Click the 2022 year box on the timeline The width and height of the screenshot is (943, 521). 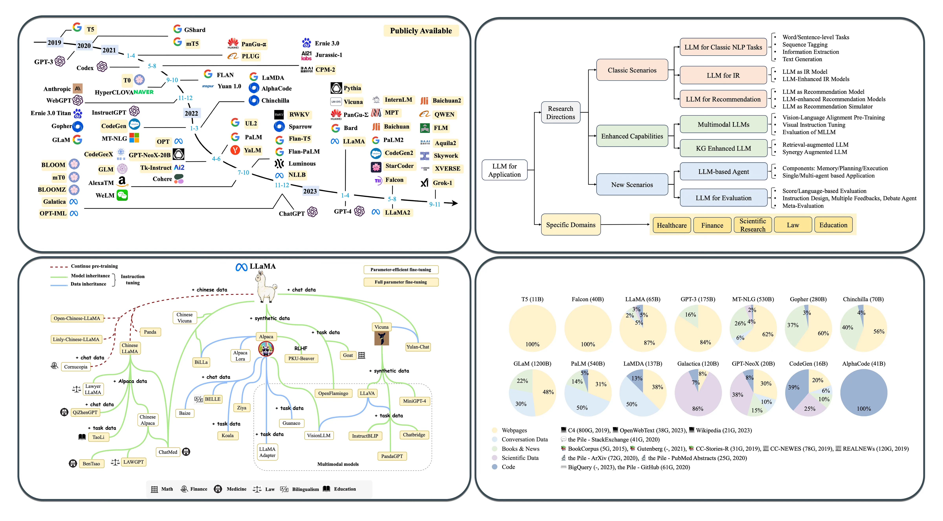191,114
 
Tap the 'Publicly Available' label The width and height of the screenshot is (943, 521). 421,31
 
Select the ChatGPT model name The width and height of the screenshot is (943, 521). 292,214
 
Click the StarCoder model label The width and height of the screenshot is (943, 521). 399,166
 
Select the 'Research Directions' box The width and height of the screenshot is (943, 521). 560,113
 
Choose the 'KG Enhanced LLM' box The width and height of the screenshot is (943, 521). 723,148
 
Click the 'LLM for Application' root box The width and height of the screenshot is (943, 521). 505,170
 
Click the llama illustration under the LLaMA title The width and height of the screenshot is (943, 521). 266,287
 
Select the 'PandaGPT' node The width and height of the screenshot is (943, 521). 392,456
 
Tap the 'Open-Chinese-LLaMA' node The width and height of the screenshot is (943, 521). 77,318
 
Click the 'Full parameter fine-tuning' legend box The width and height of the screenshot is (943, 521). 401,282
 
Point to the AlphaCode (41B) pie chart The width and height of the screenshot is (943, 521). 864,393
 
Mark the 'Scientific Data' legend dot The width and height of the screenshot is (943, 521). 494,458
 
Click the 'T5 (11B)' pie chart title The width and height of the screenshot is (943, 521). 532,299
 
